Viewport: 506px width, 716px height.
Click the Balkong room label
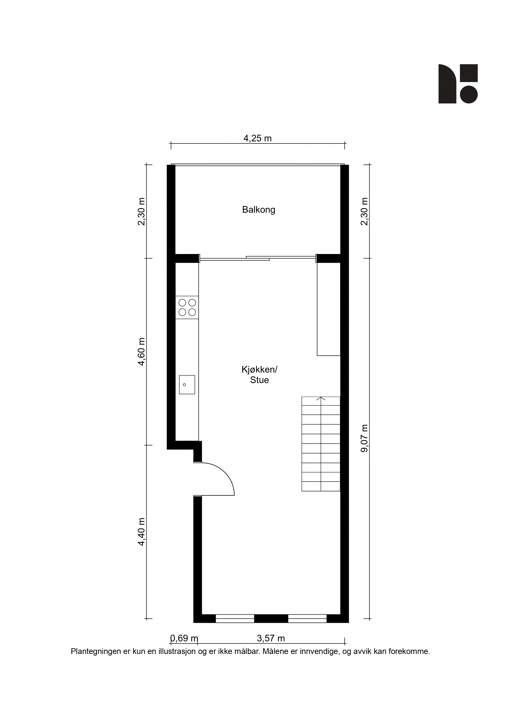259,210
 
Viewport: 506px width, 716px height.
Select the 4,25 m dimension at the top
257,138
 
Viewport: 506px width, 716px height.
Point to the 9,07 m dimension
364,438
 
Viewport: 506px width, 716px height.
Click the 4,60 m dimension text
142,351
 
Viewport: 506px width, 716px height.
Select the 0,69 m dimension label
184,638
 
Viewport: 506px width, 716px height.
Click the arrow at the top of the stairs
321,399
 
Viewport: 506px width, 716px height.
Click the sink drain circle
184,385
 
